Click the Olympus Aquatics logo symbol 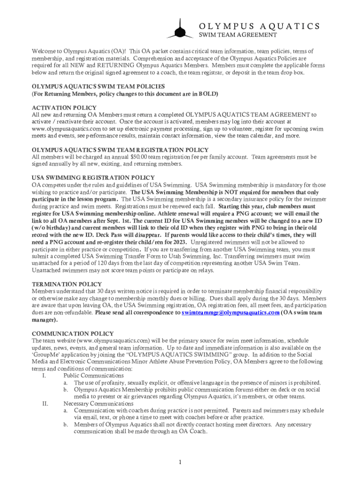tap(180, 29)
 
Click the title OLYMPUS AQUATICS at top tap(259, 26)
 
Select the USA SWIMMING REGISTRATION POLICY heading tap(93, 177)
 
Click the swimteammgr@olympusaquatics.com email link tap(230, 312)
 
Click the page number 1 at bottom tap(180, 463)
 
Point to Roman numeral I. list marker tap(43, 375)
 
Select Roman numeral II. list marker tap(45, 403)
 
